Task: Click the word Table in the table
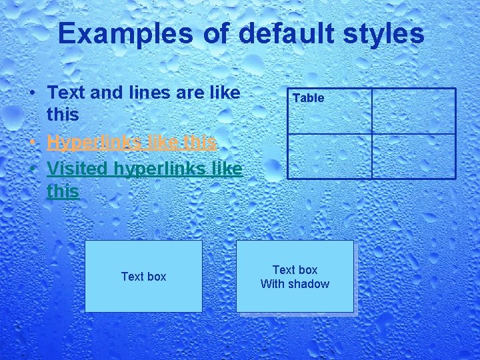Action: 308,98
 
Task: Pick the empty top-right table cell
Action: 413,111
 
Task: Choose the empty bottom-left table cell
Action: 329,156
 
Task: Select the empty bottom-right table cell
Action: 413,156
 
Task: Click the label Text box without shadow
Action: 143,276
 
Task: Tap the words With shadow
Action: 295,284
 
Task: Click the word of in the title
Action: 215,33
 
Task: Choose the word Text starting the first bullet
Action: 66,92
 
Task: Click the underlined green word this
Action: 63,192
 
